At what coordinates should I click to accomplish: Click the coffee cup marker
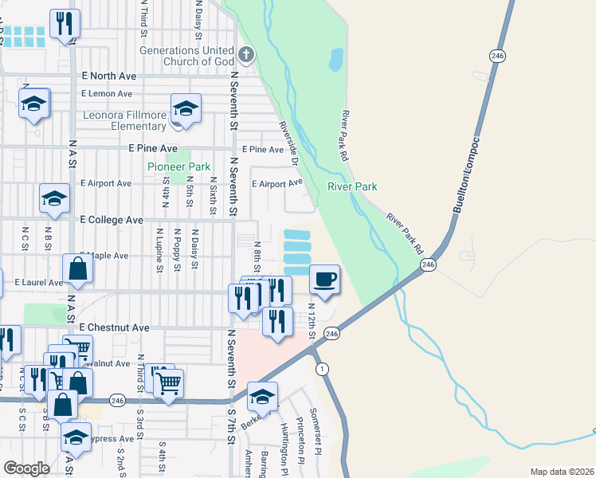coord(324,280)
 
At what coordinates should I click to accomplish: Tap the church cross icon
coord(247,54)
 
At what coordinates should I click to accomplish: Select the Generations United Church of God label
coord(188,56)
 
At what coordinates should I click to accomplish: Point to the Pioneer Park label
coord(178,167)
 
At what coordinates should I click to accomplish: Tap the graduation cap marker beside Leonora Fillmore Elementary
coord(186,110)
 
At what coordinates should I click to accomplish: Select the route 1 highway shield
coord(320,369)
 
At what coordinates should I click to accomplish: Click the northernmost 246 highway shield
coord(497,55)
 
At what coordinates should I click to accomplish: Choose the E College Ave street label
coord(111,219)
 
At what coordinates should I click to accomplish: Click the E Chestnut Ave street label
coord(114,327)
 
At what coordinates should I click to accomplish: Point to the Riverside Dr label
coord(288,144)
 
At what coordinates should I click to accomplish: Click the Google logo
coord(25,468)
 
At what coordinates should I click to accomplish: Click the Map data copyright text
coord(561,472)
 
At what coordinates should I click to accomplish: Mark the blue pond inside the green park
coord(335,58)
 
